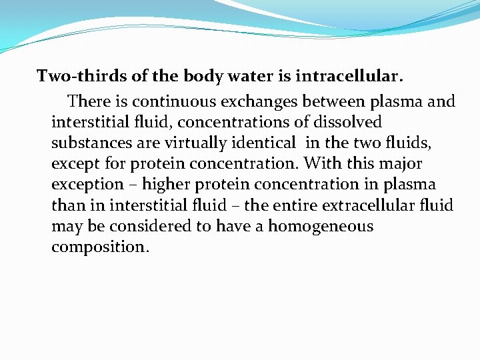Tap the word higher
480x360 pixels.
coord(166,184)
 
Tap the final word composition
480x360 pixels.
coord(100,247)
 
